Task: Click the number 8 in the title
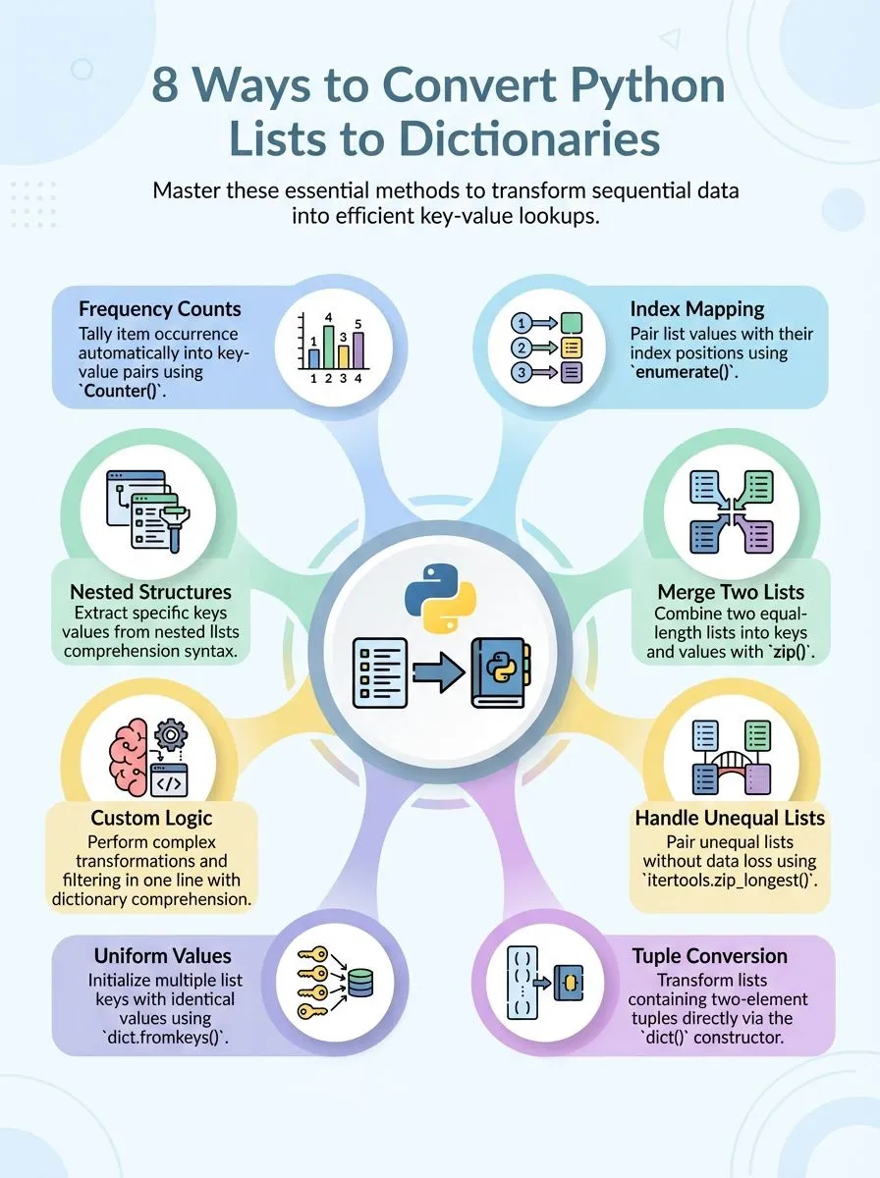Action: tap(167, 87)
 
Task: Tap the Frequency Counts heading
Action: tap(159, 309)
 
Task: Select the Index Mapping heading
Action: tap(697, 309)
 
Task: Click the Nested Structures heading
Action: tap(150, 592)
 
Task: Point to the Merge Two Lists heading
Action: tap(731, 592)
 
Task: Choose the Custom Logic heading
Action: tap(151, 818)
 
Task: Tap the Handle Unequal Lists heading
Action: tap(730, 818)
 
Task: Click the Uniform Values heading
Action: tap(163, 955)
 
